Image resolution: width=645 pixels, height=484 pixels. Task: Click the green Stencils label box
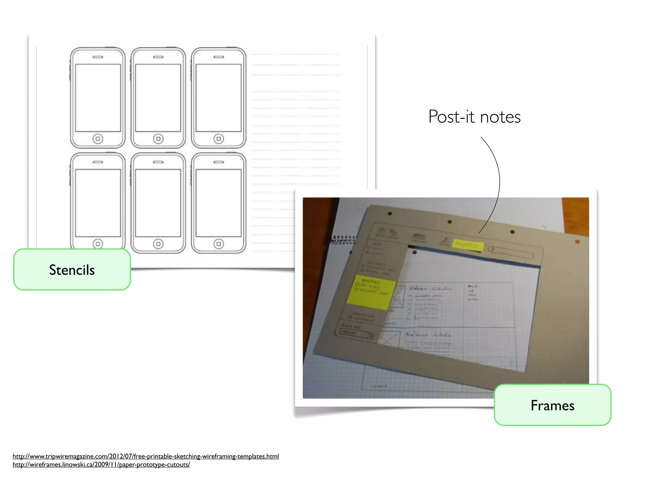click(x=72, y=270)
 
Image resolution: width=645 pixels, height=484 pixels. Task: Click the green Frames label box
click(x=552, y=405)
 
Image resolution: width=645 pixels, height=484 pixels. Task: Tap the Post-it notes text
click(x=474, y=117)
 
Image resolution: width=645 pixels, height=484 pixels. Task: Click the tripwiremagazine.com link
click(x=146, y=456)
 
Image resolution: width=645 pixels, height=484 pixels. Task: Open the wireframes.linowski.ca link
click(x=101, y=464)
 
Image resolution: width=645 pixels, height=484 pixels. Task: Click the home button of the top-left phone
click(x=98, y=139)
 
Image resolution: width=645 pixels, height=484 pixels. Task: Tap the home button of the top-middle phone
click(x=158, y=139)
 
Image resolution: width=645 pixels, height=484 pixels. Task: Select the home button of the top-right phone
click(x=219, y=139)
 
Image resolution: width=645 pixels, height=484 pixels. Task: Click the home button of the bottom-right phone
click(x=219, y=244)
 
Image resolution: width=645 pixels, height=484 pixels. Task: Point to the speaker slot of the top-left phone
click(x=98, y=57)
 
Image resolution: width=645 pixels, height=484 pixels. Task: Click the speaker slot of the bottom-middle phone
click(x=158, y=162)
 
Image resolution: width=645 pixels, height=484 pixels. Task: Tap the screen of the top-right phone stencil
click(x=219, y=98)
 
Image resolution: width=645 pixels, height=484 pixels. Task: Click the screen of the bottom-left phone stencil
click(x=98, y=203)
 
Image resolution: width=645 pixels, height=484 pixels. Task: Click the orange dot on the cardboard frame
click(x=577, y=242)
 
